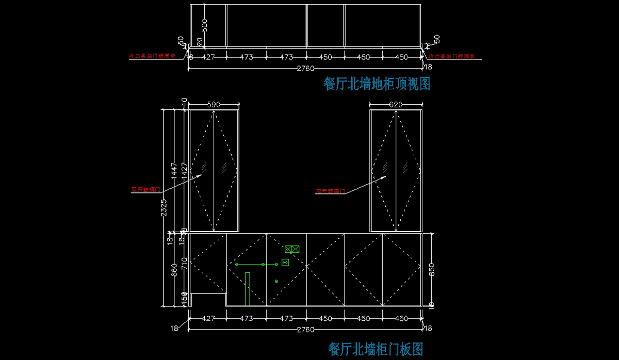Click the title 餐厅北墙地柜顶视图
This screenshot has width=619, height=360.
[377, 84]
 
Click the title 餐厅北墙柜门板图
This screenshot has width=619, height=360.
[376, 349]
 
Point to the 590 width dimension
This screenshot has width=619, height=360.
[214, 105]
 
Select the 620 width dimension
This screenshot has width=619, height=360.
[396, 105]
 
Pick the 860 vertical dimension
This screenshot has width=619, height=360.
[174, 269]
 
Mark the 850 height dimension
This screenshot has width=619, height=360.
[432, 270]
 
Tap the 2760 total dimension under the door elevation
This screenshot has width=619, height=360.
[305, 330]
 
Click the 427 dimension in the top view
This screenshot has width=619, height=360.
[208, 57]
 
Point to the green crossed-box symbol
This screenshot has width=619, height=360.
[292, 249]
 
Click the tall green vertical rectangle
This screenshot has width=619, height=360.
[248, 287]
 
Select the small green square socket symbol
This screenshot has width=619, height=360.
[285, 262]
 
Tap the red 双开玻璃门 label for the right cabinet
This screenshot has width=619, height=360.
[330, 191]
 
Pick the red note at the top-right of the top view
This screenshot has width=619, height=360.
[451, 56]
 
